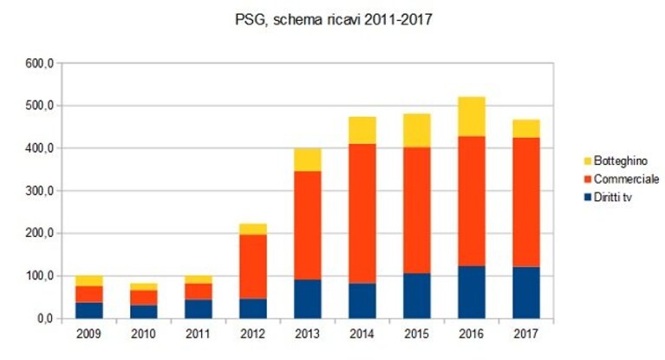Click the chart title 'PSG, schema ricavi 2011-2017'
click(333, 20)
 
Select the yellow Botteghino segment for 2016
click(472, 117)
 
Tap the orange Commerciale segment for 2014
click(362, 213)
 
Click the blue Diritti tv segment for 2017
click(526, 292)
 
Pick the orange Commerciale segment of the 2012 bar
click(253, 266)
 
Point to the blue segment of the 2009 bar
click(89, 311)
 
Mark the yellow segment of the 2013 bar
click(308, 160)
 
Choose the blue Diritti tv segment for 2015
click(417, 296)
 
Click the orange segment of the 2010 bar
click(144, 298)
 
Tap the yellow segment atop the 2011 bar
click(199, 280)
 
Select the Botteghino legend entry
click(616, 160)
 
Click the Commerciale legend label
click(626, 180)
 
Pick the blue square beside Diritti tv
click(587, 198)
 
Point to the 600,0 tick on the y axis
click(39, 63)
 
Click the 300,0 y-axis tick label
click(39, 191)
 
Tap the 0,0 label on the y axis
click(44, 318)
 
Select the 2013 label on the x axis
click(308, 334)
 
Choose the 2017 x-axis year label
click(526, 334)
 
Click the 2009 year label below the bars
click(89, 334)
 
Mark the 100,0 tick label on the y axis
click(39, 276)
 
